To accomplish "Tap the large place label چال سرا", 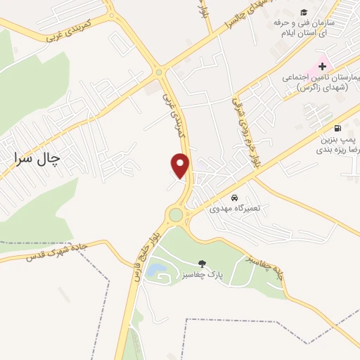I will [x=37, y=158].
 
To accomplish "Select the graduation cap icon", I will [x=304, y=12].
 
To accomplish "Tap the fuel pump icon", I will [x=338, y=128].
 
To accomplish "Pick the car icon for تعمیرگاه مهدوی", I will [x=234, y=198].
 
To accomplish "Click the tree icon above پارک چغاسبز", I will [x=203, y=262].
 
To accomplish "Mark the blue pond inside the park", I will [x=157, y=269].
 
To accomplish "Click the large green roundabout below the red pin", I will [x=175, y=214].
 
